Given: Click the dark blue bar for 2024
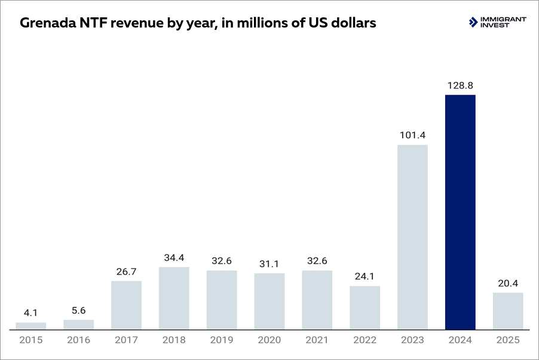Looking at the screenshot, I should pyautogui.click(x=460, y=212).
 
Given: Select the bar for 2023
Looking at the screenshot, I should pyautogui.click(x=412, y=237).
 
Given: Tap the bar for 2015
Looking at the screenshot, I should pyautogui.click(x=30, y=326).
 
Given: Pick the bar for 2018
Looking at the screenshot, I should pyautogui.click(x=174, y=298).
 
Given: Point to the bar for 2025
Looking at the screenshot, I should pyautogui.click(x=508, y=311).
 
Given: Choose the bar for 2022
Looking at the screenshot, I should pyautogui.click(x=365, y=307).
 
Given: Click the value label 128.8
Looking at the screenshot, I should pyautogui.click(x=460, y=86).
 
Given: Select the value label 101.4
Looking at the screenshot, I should pyautogui.click(x=412, y=135).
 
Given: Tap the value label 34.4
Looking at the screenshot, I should pyautogui.click(x=174, y=258).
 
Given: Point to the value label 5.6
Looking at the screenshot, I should pyautogui.click(x=78, y=310).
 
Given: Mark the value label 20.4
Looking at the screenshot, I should pyautogui.click(x=508, y=283).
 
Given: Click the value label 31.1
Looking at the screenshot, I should pyautogui.click(x=269, y=264).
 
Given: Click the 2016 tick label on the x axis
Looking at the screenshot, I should pyautogui.click(x=78, y=340).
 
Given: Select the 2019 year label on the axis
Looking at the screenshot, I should pyautogui.click(x=222, y=340).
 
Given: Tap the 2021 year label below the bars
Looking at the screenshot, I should pyautogui.click(x=317, y=340).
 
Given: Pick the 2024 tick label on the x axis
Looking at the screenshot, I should pyautogui.click(x=460, y=340).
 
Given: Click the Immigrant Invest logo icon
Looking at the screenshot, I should pyautogui.click(x=474, y=22).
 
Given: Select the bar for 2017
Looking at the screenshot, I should pyautogui.click(x=126, y=305).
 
